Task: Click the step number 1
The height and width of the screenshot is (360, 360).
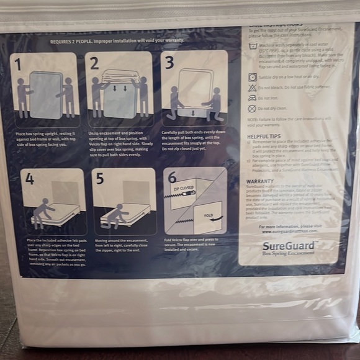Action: tap(18, 64)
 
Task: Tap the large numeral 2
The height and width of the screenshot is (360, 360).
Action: tap(94, 63)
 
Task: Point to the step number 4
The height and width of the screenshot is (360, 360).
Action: tap(30, 179)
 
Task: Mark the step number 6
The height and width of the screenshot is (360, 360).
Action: tap(173, 178)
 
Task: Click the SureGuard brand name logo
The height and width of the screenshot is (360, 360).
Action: tap(288, 245)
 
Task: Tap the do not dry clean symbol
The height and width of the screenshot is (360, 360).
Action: tap(253, 108)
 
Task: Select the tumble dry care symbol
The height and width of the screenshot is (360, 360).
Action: tap(253, 77)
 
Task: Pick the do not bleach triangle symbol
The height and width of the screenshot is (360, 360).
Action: tap(253, 88)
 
